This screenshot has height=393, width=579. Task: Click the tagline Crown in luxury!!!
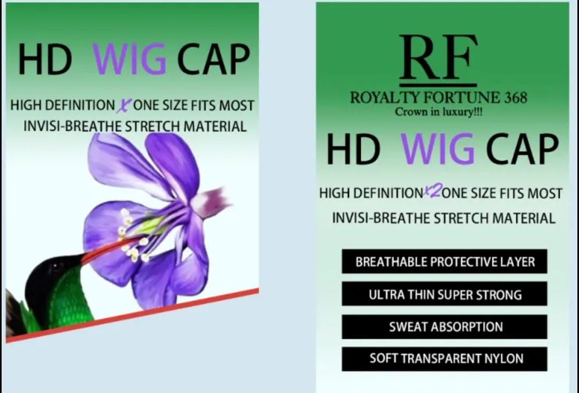(439, 112)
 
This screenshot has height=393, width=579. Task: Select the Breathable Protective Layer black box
(444, 262)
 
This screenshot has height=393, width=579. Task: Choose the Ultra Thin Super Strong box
(444, 294)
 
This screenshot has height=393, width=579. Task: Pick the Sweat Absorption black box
(444, 327)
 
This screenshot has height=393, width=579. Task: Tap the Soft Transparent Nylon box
(444, 359)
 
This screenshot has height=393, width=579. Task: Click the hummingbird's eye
(56, 266)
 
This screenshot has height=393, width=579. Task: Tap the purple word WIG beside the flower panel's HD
(129, 59)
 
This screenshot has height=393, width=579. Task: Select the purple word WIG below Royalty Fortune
(437, 149)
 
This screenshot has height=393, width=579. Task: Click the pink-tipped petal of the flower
(212, 202)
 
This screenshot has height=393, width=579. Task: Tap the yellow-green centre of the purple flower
(151, 226)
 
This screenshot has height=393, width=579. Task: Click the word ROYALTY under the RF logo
(384, 98)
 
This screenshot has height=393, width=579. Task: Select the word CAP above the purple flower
(213, 59)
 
